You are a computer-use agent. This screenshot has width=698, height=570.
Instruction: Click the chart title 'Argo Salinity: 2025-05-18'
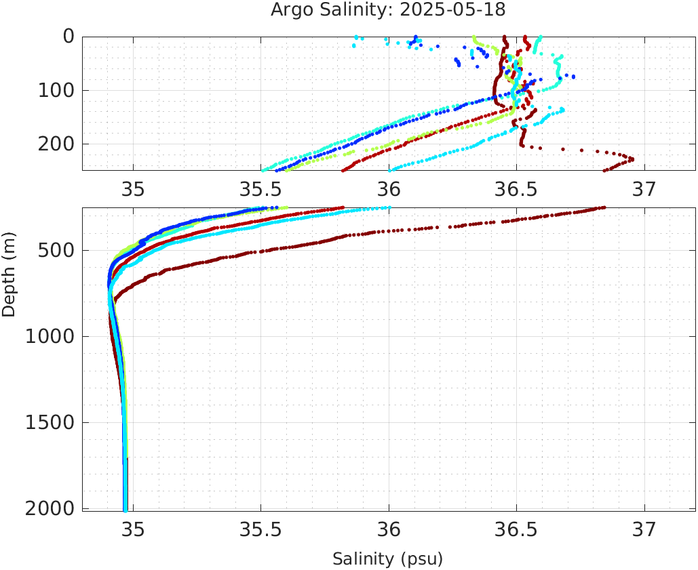(x=388, y=10)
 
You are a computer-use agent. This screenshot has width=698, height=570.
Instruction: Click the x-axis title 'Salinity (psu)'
(x=387, y=559)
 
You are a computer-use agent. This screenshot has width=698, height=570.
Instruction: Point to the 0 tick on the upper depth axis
(x=69, y=37)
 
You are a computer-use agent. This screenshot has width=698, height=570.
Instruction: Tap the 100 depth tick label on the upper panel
(x=57, y=90)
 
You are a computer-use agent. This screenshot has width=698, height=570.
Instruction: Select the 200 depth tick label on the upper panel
(x=57, y=144)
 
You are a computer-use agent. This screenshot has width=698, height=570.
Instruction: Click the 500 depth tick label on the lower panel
(x=57, y=251)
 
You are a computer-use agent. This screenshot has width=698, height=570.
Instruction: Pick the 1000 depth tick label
(x=51, y=337)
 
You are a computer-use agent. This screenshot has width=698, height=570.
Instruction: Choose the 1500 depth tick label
(x=51, y=422)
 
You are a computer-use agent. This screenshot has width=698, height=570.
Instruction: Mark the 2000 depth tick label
(x=51, y=508)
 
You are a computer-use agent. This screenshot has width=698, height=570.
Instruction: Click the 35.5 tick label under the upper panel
(x=260, y=188)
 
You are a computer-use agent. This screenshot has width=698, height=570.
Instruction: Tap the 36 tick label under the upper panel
(x=389, y=188)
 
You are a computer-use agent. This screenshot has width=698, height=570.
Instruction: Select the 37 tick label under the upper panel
(x=644, y=188)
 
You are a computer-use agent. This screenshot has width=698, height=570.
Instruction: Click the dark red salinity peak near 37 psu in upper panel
(x=632, y=159)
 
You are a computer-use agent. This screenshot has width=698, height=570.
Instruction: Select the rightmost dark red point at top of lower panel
(x=604, y=207)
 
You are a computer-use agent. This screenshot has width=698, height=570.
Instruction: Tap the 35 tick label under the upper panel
(x=133, y=188)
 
